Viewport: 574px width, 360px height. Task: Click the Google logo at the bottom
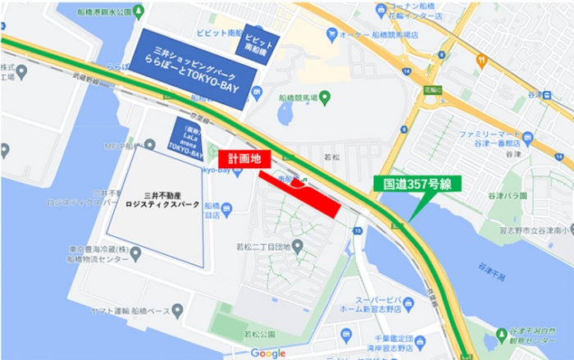click(x=267, y=353)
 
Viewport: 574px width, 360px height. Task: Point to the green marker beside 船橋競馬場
click(x=325, y=98)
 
